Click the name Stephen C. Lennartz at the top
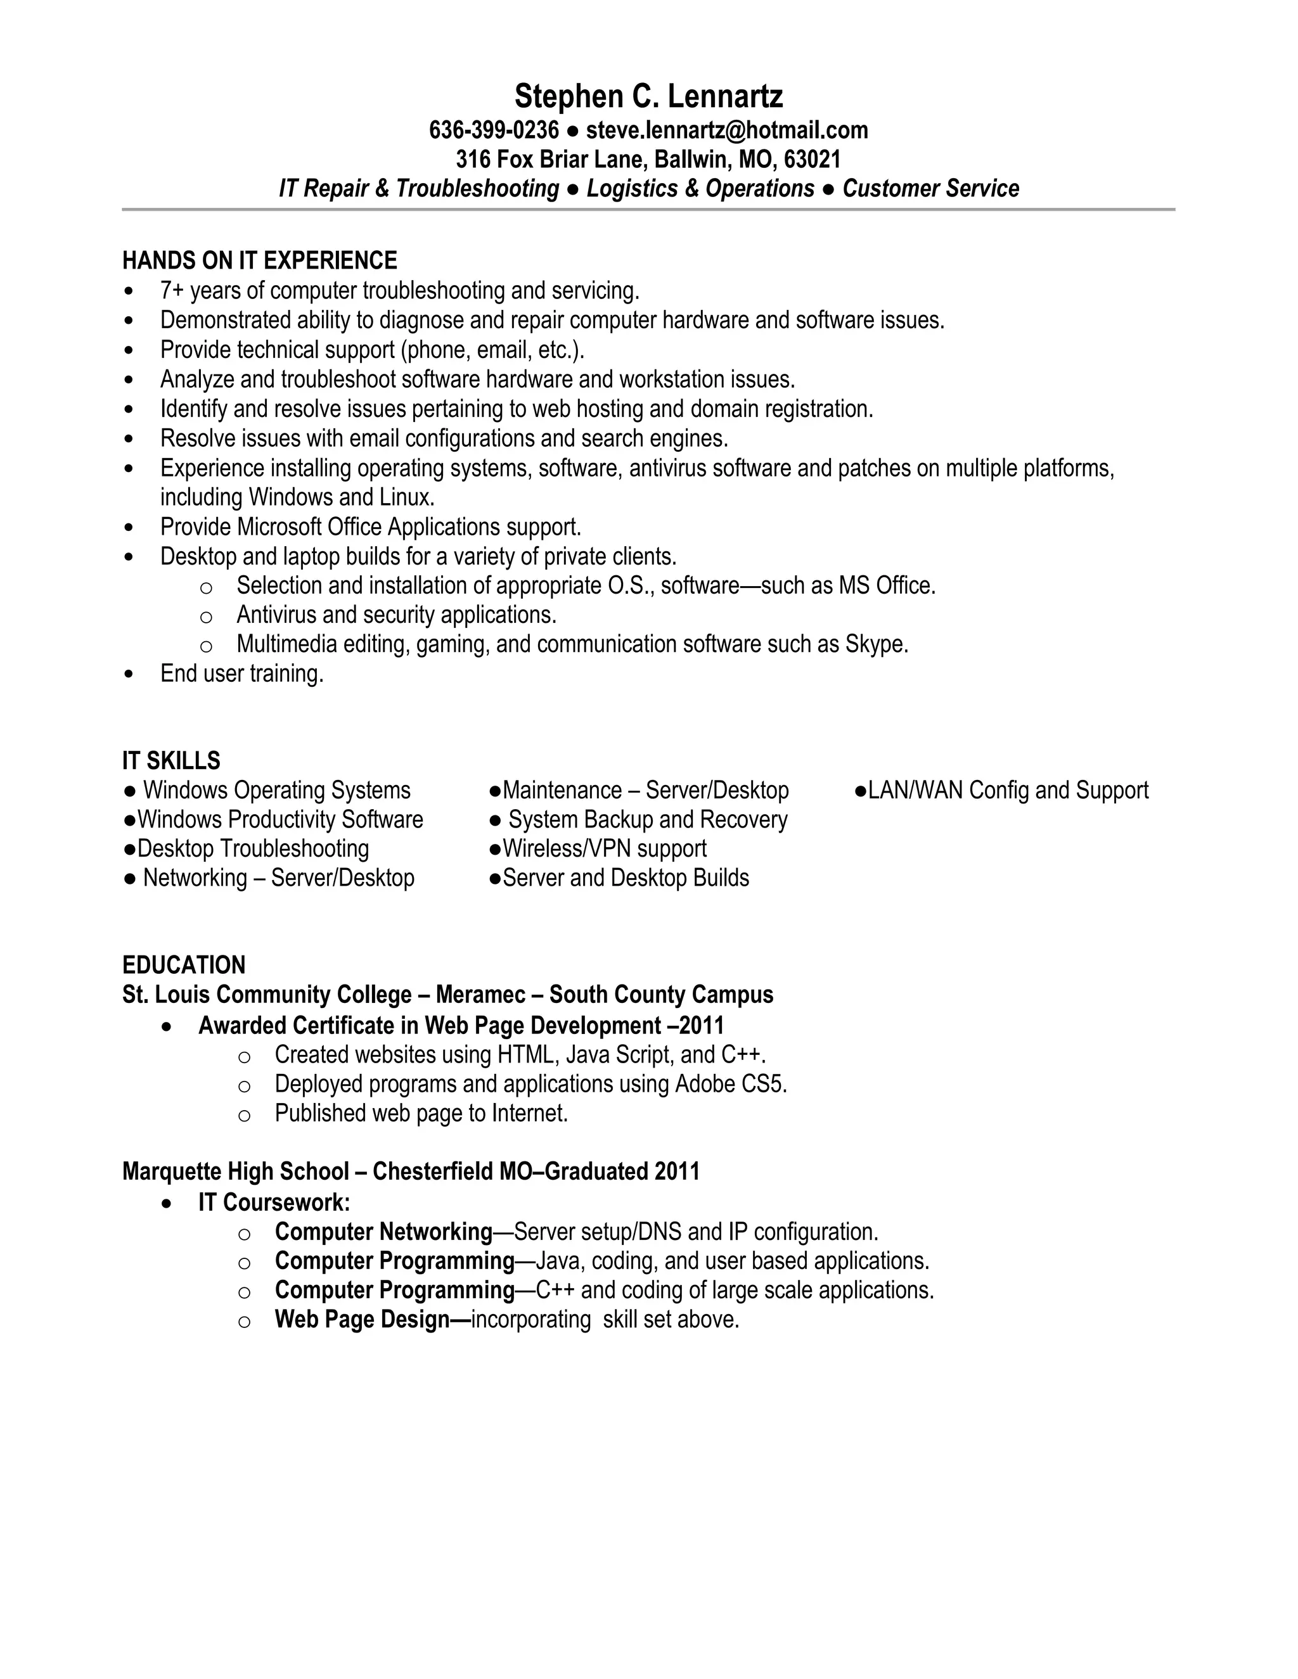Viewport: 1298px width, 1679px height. click(648, 97)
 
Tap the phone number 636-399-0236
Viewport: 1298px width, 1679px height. click(494, 130)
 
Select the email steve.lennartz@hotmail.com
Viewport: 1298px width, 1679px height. click(727, 130)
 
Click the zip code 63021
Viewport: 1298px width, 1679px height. click(812, 159)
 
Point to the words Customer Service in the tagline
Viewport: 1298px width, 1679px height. click(930, 188)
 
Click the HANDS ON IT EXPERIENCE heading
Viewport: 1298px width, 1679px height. click(260, 260)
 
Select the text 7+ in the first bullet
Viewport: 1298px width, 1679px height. click(172, 291)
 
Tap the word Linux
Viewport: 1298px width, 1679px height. click(407, 497)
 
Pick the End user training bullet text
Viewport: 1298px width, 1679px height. click(241, 674)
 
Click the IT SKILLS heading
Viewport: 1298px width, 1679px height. click(172, 760)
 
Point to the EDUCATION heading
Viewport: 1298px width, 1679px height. click(184, 965)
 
